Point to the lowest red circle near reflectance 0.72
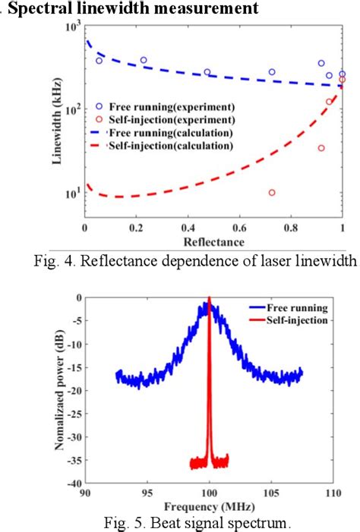click(272, 193)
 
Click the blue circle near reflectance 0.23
click(144, 60)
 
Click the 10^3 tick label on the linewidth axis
click(72, 27)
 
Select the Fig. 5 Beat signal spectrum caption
click(194, 521)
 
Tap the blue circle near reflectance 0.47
click(207, 72)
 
